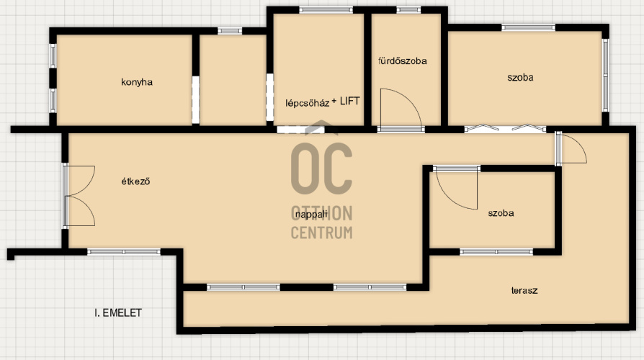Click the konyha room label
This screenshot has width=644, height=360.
pos(137,82)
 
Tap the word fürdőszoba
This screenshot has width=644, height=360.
pos(403,60)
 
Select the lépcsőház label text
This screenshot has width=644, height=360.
pos(307,103)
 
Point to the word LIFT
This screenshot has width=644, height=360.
pos(349,101)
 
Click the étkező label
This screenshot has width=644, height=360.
pos(135,181)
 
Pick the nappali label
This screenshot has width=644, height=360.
pos(311,215)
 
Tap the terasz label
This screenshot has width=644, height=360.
pos(524,291)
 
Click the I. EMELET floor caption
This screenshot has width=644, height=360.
pos(118,312)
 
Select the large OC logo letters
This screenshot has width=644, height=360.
pos(321,168)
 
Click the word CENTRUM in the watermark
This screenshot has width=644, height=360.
pos(321,233)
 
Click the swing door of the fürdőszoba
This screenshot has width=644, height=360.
pos(401,109)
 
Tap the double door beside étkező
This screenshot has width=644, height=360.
pos(79,196)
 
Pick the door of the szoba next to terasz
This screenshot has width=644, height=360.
pos(457,189)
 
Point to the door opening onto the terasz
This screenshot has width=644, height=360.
pos(571,148)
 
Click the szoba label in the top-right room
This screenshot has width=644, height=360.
pos(520,78)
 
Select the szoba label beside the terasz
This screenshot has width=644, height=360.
pos(501,213)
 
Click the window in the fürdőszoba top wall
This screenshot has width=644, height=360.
pos(408,10)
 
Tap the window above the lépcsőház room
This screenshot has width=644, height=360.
pos(326,10)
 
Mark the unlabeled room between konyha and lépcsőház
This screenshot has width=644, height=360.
pos(233,80)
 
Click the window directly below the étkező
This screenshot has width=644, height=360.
pos(124,251)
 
